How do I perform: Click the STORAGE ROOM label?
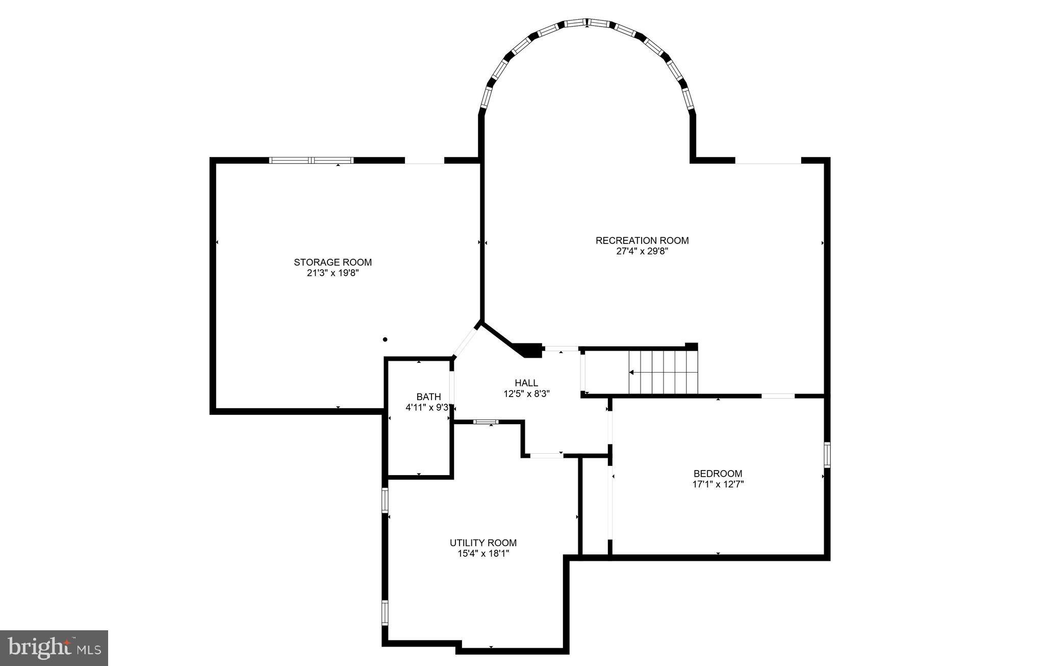333,262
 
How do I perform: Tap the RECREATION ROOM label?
642,240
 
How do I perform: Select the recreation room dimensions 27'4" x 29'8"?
642,251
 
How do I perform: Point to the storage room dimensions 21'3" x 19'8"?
333,273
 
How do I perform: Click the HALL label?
526,383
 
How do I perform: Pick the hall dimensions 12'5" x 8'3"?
526,393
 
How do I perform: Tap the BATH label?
428,397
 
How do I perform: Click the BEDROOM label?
718,474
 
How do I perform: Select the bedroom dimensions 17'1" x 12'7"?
718,484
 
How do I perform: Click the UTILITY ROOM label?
483,543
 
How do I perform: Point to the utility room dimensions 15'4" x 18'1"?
483,554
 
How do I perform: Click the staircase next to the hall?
663,372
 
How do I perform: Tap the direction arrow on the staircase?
632,373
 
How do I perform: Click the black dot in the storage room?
385,339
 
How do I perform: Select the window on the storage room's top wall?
311,160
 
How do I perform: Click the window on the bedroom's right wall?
827,455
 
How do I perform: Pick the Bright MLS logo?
54,648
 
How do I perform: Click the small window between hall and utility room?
486,422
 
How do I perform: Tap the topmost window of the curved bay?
587,23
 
